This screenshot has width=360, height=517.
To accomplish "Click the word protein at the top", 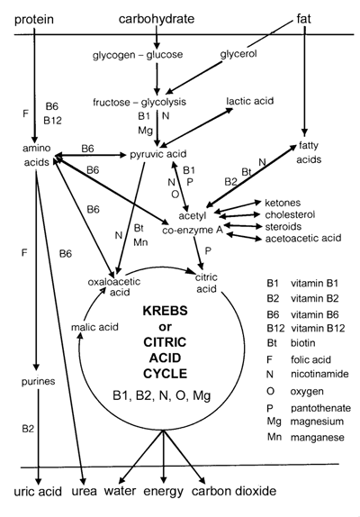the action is click(34, 20).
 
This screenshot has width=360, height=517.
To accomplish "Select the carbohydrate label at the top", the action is click(157, 19).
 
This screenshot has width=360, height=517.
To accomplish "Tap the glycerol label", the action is click(238, 54).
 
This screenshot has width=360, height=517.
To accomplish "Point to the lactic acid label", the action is click(250, 101).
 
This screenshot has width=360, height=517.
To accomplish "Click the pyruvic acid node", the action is click(158, 154).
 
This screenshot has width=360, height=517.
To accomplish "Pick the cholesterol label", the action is click(290, 214).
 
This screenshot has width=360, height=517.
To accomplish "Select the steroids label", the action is click(283, 226).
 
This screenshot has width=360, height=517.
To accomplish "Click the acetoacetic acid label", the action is click(303, 238).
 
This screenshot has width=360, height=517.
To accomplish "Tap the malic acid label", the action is click(94, 327).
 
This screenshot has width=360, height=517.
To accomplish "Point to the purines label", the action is click(38, 382).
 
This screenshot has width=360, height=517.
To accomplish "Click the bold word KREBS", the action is click(165, 311).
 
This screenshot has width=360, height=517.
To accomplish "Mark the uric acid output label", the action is click(38, 492).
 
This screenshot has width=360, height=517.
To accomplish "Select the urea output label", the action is click(85, 491).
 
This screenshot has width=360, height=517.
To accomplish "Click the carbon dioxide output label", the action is click(234, 491).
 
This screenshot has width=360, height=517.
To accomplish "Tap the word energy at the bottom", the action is click(164, 492).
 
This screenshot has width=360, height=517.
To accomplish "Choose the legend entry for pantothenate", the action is click(309, 408).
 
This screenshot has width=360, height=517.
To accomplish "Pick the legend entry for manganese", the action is click(306, 437).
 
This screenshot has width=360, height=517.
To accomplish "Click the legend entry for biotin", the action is click(292, 343).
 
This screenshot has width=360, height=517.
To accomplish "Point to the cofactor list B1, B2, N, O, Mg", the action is click(161, 395).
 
